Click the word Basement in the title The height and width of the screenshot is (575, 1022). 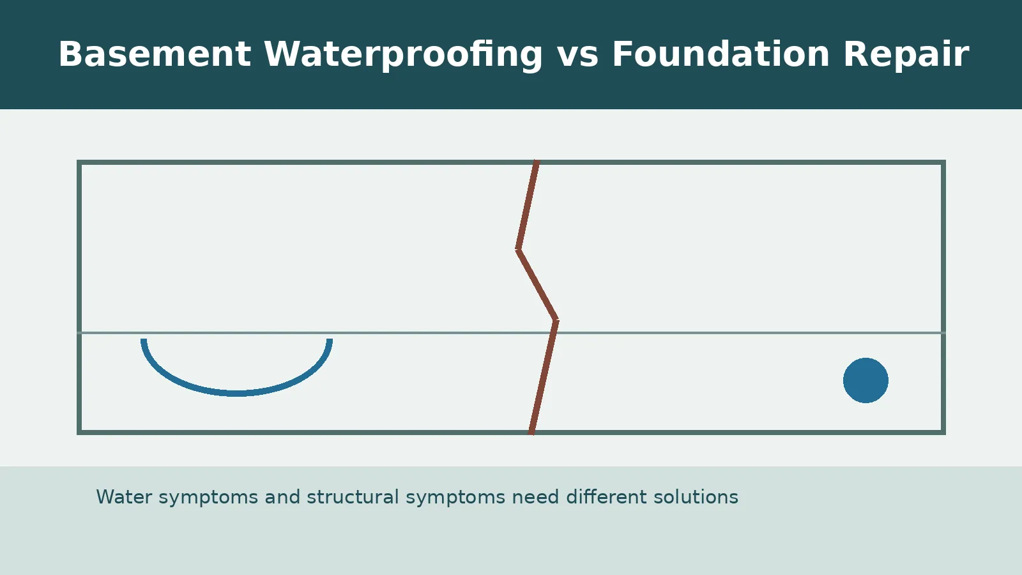[x=154, y=54]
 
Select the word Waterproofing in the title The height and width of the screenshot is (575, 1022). [x=402, y=54]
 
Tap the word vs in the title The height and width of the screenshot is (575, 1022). [x=577, y=54]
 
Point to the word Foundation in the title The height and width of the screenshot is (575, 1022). [x=721, y=54]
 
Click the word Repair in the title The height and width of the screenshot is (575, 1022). [x=906, y=54]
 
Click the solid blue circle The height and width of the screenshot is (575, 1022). [x=866, y=380]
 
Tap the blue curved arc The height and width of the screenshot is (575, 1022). [x=236, y=392]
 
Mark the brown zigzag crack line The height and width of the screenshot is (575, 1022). [x=537, y=284]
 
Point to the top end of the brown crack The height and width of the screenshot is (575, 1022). [x=537, y=162]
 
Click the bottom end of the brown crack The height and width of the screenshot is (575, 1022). [x=531, y=433]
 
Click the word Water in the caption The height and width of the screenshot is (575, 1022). [x=124, y=497]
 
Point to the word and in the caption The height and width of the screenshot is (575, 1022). [x=282, y=497]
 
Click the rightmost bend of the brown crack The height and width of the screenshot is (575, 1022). [x=556, y=320]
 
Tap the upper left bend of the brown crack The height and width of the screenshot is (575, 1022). [x=518, y=249]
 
